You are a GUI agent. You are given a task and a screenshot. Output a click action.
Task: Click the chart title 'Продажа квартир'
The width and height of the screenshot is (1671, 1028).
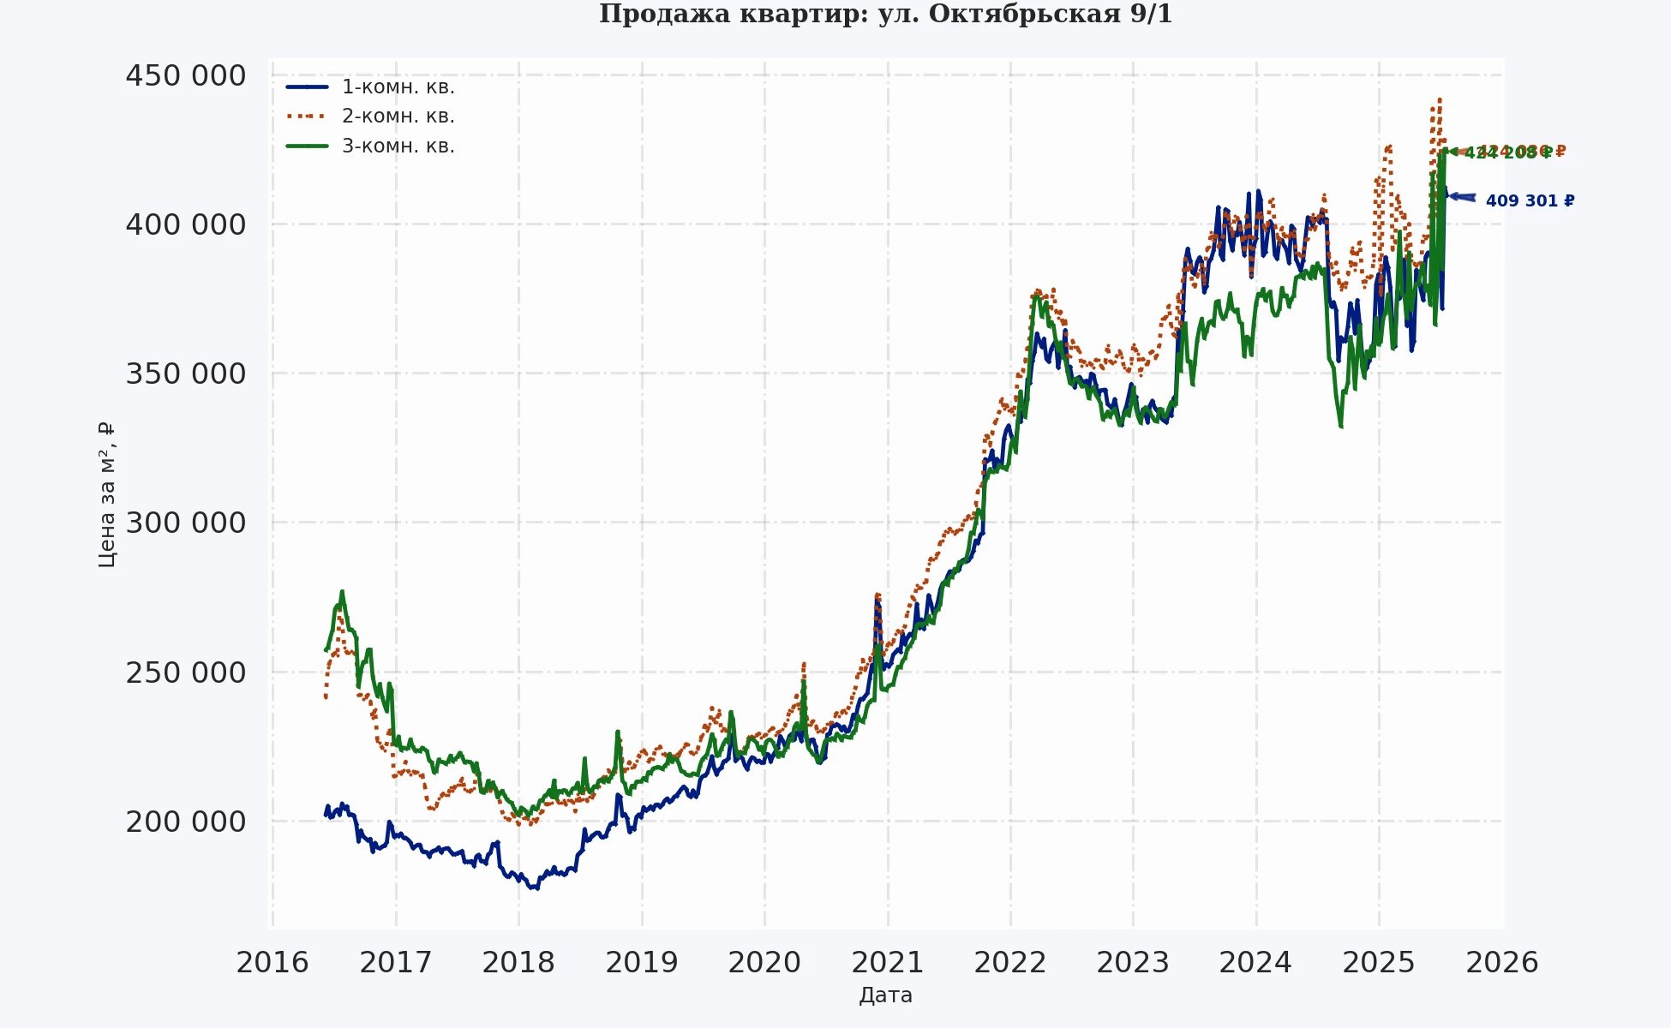pyautogui.click(x=885, y=15)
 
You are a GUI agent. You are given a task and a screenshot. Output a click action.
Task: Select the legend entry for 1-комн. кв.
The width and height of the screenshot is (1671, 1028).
pyautogui.click(x=398, y=87)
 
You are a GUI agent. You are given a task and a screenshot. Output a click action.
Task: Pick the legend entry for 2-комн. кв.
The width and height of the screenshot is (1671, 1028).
pyautogui.click(x=398, y=116)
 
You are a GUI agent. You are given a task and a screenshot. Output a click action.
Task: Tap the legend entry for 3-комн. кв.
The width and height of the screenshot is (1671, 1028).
pyautogui.click(x=398, y=146)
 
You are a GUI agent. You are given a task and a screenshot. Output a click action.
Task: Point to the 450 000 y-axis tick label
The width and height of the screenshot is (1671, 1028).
pyautogui.click(x=186, y=75)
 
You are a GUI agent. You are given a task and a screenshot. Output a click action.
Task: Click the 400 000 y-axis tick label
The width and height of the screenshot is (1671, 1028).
pyautogui.click(x=186, y=224)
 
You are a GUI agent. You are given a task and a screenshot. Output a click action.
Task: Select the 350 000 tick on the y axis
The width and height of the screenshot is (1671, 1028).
pyautogui.click(x=186, y=374)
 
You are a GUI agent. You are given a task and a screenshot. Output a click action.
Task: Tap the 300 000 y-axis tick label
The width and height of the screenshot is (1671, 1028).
pyautogui.click(x=186, y=523)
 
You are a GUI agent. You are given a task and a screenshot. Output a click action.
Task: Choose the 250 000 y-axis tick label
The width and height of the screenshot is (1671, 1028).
pyautogui.click(x=186, y=672)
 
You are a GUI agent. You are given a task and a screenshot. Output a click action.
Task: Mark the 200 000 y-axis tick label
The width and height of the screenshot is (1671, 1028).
pyautogui.click(x=186, y=822)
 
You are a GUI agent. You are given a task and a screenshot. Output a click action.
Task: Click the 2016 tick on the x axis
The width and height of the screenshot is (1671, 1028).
pyautogui.click(x=273, y=963)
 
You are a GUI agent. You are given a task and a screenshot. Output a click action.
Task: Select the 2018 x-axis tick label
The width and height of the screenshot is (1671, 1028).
pyautogui.click(x=518, y=963)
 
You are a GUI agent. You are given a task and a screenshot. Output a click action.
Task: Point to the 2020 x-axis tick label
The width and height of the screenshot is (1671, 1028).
pyautogui.click(x=764, y=963)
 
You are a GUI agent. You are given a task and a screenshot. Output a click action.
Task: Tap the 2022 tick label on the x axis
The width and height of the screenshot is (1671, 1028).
pyautogui.click(x=1010, y=963)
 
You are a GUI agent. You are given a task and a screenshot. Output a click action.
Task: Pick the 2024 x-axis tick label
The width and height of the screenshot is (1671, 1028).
pyautogui.click(x=1256, y=963)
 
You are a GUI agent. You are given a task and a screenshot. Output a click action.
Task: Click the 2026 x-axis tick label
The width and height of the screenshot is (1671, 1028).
pyautogui.click(x=1502, y=963)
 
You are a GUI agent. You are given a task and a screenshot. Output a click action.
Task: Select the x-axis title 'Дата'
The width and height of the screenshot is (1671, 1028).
pyautogui.click(x=885, y=995)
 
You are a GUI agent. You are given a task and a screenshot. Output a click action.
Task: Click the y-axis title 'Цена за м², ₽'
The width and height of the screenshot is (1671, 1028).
pyautogui.click(x=106, y=494)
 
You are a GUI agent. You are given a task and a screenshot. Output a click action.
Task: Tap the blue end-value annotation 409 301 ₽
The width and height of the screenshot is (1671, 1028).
pyautogui.click(x=1530, y=200)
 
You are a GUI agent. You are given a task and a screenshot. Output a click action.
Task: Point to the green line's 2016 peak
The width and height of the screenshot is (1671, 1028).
pyautogui.click(x=342, y=591)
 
